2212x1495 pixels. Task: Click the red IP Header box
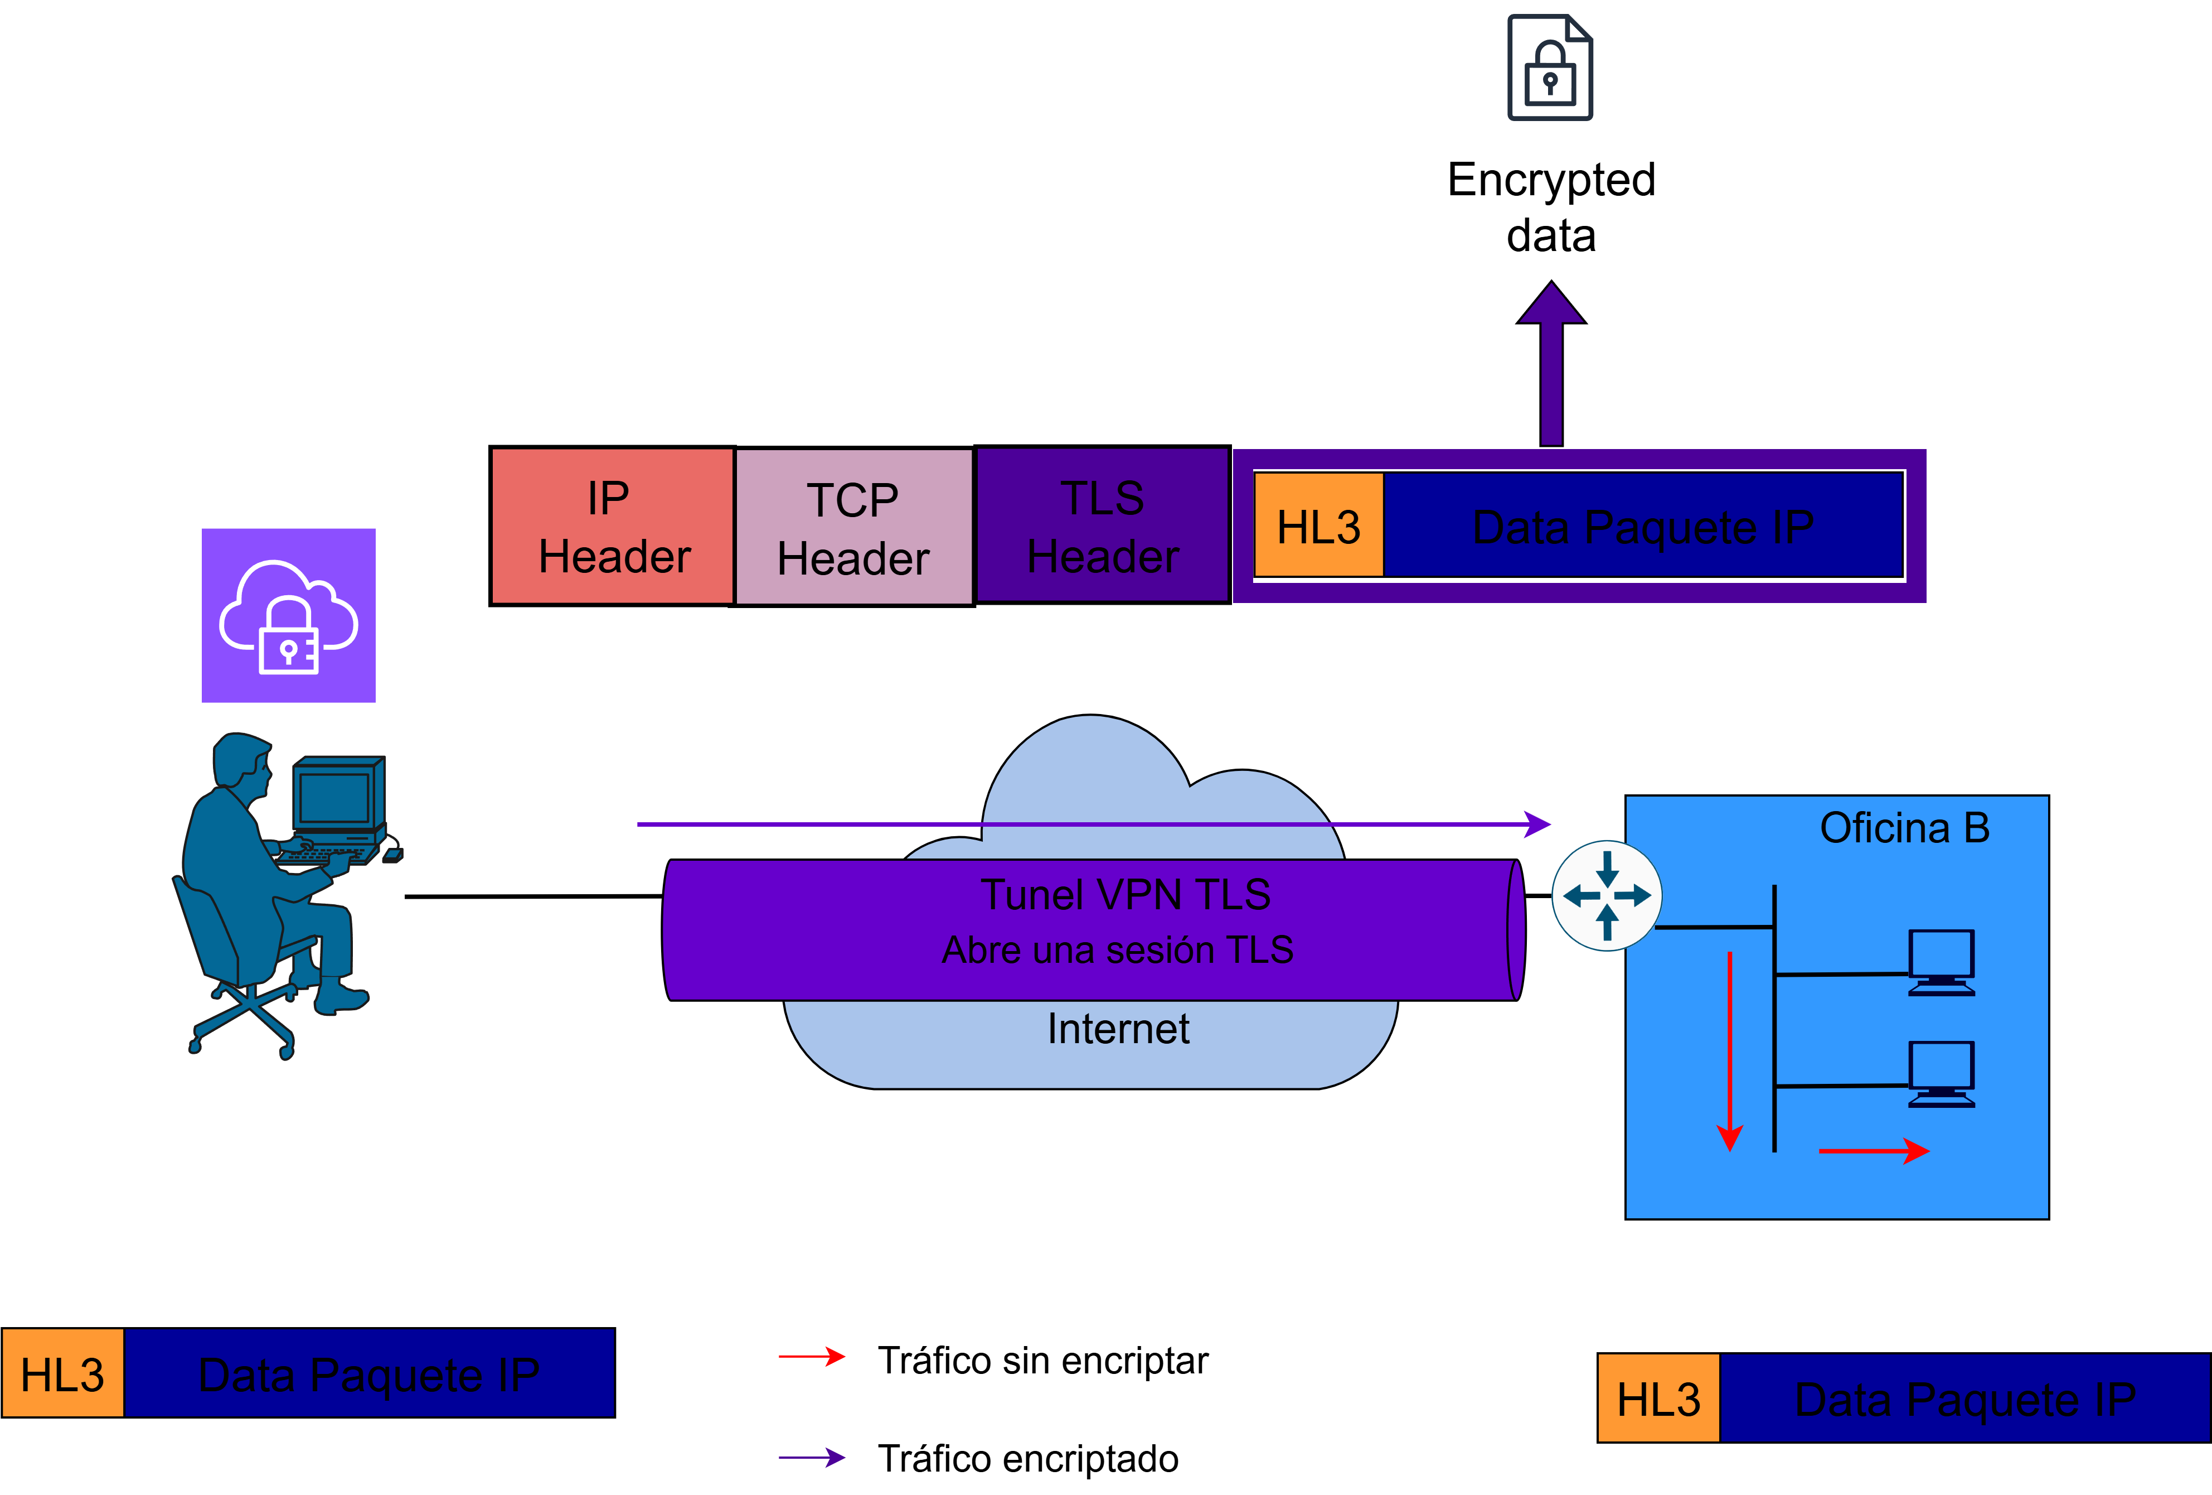(x=612, y=527)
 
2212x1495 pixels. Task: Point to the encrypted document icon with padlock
(x=1550, y=67)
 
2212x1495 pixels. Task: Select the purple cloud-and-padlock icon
(x=288, y=615)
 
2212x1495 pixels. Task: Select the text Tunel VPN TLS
(x=1125, y=895)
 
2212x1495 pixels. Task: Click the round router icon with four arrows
(x=1607, y=896)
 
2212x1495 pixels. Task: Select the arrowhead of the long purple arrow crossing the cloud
(x=1537, y=824)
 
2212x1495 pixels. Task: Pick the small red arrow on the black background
(x=812, y=1356)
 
